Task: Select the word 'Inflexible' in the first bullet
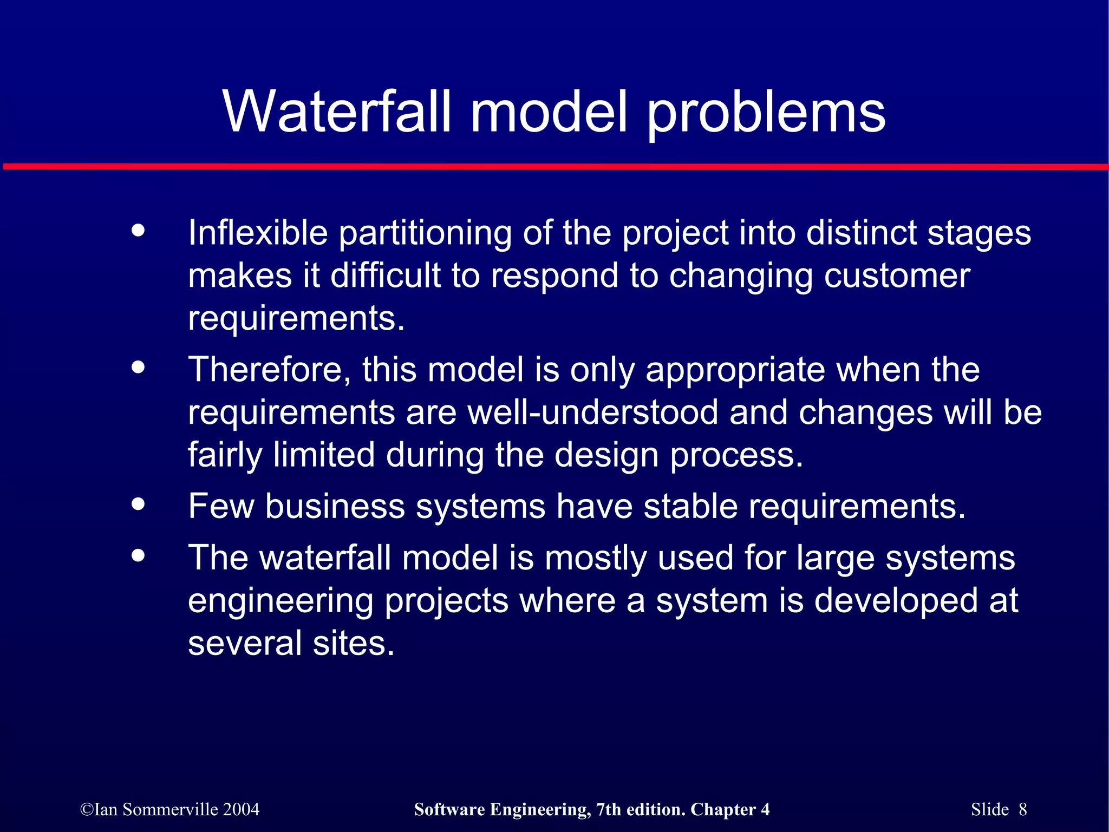click(x=258, y=233)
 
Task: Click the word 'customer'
click(x=897, y=276)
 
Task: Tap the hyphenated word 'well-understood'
click(x=592, y=412)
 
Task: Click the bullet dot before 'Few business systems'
click(x=139, y=504)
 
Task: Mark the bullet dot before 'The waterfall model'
click(x=139, y=555)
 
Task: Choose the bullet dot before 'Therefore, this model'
click(x=139, y=367)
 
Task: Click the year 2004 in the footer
click(x=241, y=809)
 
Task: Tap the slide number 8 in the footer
click(x=1022, y=809)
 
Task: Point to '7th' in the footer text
click(x=610, y=809)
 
